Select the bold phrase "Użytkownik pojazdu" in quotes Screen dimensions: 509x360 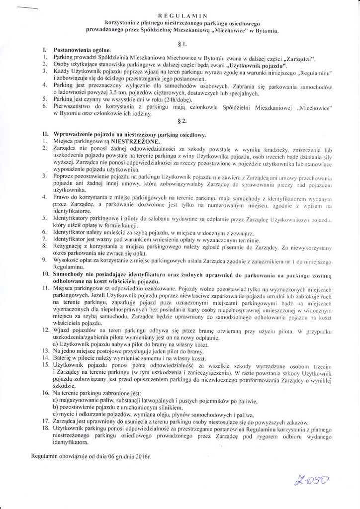[x=256, y=65]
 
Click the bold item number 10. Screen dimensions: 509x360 [x=45, y=274]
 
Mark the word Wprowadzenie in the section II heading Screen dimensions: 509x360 [x=77, y=135]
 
